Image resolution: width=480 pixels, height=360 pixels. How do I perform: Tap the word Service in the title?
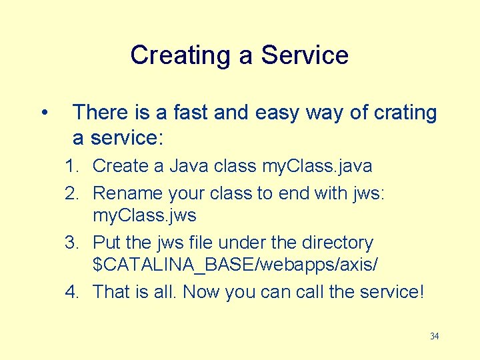coord(305,55)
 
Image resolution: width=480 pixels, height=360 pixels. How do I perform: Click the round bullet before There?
coord(43,113)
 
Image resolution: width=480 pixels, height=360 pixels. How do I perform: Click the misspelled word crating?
coord(404,113)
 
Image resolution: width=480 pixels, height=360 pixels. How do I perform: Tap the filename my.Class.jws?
coord(145,216)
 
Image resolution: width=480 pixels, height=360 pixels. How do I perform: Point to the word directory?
coord(333,243)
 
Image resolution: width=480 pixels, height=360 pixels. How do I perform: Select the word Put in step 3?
coord(107,243)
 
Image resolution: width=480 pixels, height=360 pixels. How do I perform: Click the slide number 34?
coord(434,337)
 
